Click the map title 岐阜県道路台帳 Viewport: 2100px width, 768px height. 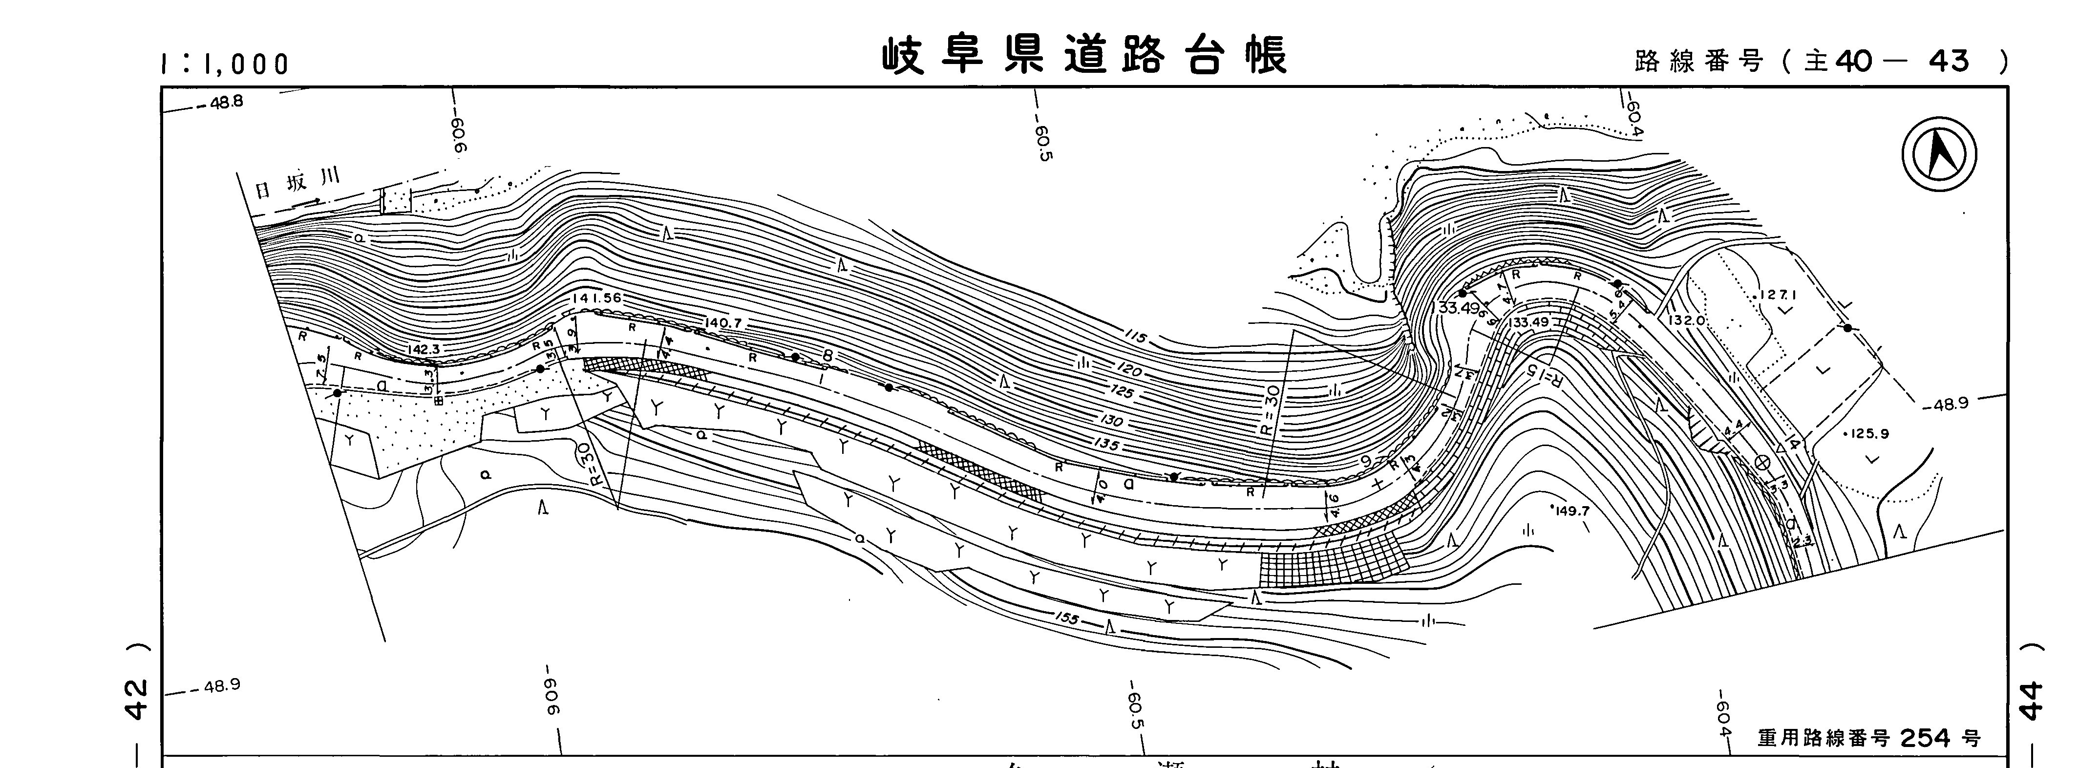tap(1084, 56)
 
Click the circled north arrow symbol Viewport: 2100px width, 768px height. tap(1939, 154)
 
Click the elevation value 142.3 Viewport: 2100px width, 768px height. tap(424, 349)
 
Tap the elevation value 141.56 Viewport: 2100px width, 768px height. tap(597, 299)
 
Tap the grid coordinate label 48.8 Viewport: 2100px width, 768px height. tap(226, 103)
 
